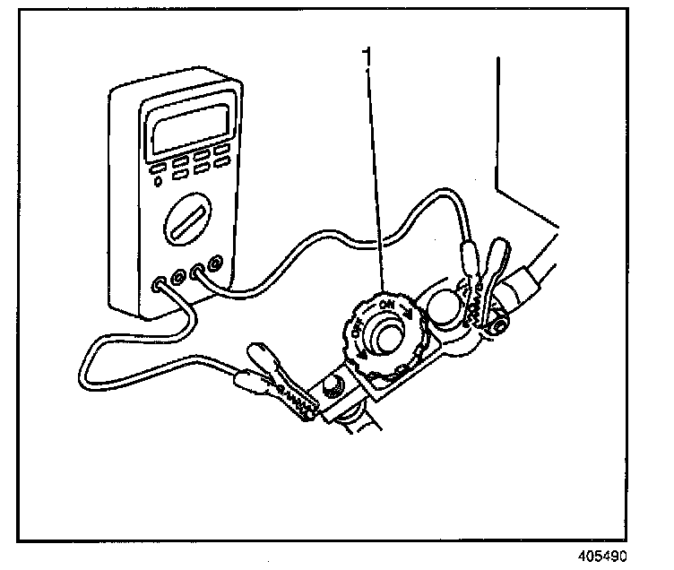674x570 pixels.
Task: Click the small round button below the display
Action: pyautogui.click(x=159, y=182)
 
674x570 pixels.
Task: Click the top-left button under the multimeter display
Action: pyautogui.click(x=156, y=167)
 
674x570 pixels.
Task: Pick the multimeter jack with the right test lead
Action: pyautogui.click(x=195, y=270)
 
